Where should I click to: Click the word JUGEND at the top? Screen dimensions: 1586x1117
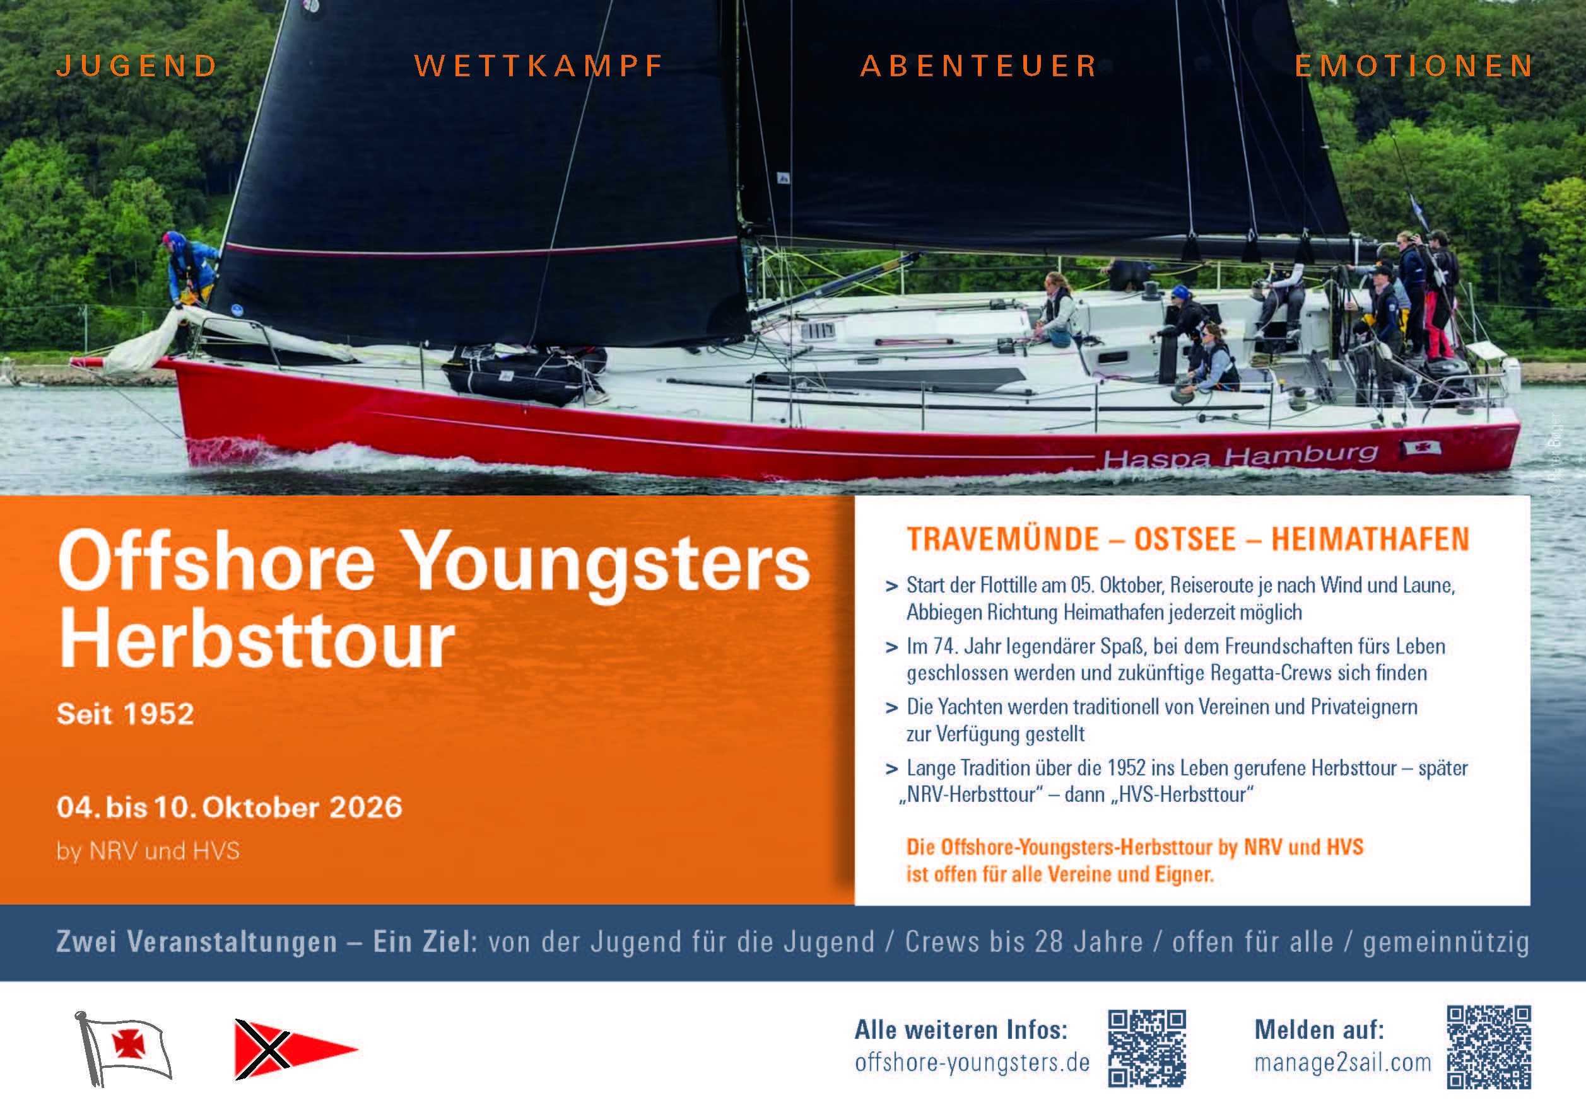click(137, 66)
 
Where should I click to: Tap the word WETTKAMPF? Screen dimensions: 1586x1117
click(539, 66)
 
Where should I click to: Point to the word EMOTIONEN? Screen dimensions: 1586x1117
click(1413, 66)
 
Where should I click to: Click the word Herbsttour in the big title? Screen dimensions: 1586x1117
click(257, 639)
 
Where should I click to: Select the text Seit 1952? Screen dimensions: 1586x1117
click(125, 714)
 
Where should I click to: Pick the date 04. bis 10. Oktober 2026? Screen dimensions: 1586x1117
click(230, 807)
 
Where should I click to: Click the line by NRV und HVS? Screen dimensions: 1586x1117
click(148, 850)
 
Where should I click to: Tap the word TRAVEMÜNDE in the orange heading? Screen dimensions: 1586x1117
click(1003, 539)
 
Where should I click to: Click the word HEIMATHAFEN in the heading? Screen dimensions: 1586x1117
click(1370, 539)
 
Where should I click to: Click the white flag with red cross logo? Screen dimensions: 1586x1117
click(124, 1048)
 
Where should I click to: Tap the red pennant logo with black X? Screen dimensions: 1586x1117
click(297, 1050)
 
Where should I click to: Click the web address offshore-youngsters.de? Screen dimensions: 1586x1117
click(972, 1062)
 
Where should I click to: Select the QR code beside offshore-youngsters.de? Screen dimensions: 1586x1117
click(1148, 1049)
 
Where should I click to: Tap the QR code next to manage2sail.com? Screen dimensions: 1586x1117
click(1489, 1047)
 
